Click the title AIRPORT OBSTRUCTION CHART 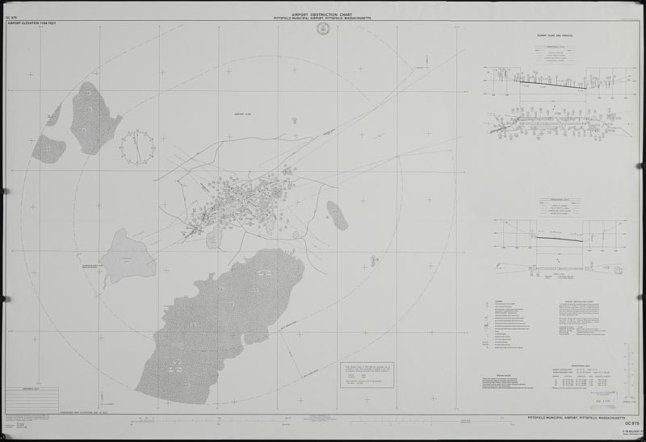[323, 14]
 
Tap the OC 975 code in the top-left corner [12, 19]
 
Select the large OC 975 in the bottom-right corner [631, 423]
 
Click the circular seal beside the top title [324, 28]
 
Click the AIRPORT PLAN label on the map [244, 115]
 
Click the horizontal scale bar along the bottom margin [323, 419]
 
